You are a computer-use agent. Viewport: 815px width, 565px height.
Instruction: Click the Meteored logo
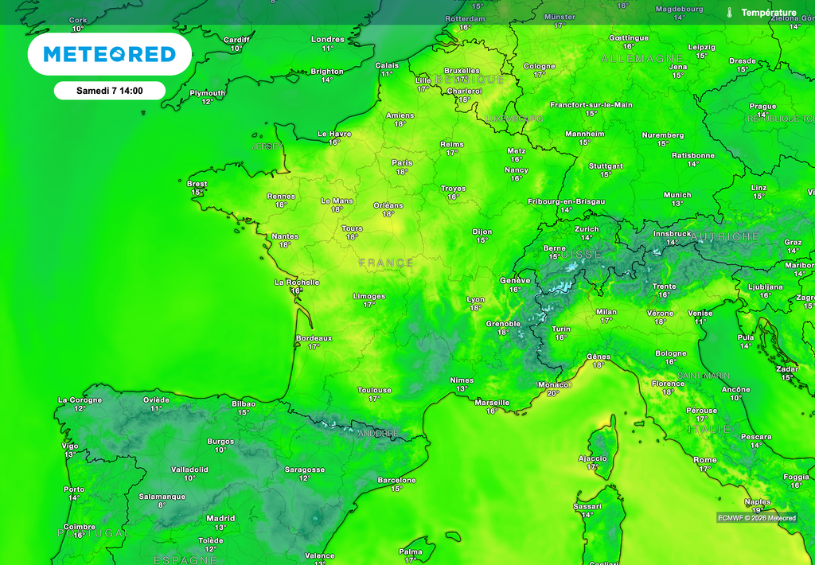pos(109,54)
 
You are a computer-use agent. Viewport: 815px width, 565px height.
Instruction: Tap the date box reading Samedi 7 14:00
pos(109,91)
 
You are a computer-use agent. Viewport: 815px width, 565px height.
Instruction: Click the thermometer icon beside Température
pos(729,13)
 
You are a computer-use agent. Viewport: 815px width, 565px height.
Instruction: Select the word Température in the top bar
pos(768,13)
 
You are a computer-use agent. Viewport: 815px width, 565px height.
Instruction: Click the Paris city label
pos(402,162)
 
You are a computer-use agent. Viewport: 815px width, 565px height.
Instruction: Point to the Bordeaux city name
pos(314,337)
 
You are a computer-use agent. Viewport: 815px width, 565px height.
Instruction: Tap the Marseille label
pos(492,402)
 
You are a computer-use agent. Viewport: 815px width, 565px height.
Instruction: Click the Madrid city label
pos(220,518)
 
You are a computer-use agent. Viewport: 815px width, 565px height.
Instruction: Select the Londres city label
pos(327,39)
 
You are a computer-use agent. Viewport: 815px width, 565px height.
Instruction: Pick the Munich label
pos(677,195)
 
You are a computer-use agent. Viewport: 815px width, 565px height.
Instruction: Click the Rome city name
pos(705,460)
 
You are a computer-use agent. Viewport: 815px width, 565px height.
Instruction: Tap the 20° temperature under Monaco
pos(553,393)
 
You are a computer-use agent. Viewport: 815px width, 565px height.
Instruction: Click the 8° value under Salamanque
pos(162,505)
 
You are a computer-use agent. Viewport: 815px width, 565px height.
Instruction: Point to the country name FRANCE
pos(386,263)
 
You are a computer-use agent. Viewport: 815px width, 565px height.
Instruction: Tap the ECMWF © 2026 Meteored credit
pos(756,518)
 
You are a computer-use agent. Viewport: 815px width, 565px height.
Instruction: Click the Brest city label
pos(197,184)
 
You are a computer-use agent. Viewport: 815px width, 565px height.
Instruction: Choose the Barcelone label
pos(396,480)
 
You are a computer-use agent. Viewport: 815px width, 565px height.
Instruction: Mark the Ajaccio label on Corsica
pos(592,458)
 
